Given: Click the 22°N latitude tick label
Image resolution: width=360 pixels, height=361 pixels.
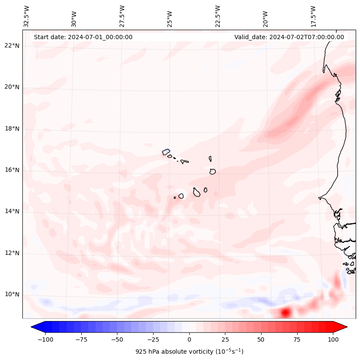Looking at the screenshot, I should [x=12, y=46].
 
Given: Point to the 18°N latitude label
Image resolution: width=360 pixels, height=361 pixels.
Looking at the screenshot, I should [x=12, y=129].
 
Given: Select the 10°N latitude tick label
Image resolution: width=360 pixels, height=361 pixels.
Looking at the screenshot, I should [x=12, y=295].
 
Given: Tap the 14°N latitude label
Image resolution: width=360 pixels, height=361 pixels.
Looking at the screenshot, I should [x=12, y=211].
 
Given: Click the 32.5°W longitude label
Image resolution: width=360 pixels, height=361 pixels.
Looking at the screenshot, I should [x=27, y=16].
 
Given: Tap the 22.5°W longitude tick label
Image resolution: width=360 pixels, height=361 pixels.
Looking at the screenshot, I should [x=218, y=16].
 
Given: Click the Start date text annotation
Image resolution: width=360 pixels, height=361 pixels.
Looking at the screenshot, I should [x=83, y=37].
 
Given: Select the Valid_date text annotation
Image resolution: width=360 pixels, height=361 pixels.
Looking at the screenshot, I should [x=289, y=37].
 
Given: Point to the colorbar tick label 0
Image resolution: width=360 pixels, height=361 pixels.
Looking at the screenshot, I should [x=189, y=339].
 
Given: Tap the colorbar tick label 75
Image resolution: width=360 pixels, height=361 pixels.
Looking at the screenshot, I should [x=297, y=339].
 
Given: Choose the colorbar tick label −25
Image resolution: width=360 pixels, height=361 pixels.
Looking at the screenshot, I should [x=153, y=339].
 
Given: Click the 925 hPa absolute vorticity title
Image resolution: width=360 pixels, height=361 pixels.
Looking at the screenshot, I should [x=189, y=352].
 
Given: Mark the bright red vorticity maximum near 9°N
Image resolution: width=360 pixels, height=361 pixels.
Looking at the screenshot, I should [x=285, y=312].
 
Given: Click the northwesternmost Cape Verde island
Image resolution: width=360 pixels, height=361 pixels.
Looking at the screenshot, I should [x=166, y=151].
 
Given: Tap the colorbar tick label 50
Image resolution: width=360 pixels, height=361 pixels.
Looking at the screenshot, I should [x=261, y=339].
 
